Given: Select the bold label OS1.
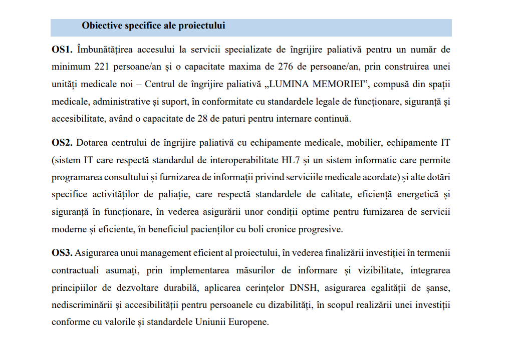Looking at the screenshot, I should pyautogui.click(x=62, y=50).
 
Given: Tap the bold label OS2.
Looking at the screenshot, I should pyautogui.click(x=62, y=143).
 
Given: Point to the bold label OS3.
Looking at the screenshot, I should pyautogui.click(x=62, y=252).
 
